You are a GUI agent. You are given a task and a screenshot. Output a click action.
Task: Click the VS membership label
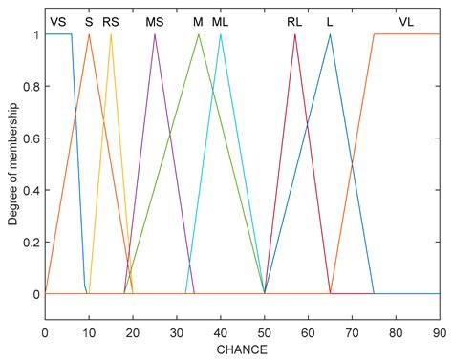pyautogui.click(x=58, y=20)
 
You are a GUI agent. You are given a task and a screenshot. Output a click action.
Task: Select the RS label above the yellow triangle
pyautogui.click(x=112, y=20)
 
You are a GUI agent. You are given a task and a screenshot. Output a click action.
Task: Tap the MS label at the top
pyautogui.click(x=154, y=20)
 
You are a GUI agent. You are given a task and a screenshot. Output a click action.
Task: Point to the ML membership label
pyautogui.click(x=221, y=20)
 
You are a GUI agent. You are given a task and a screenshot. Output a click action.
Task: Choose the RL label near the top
pyautogui.click(x=294, y=20)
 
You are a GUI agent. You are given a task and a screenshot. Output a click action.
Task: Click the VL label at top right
pyautogui.click(x=407, y=20)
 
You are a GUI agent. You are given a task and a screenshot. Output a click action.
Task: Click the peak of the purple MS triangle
pyautogui.click(x=155, y=34)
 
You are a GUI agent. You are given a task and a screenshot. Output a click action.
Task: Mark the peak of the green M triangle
pyautogui.click(x=199, y=34)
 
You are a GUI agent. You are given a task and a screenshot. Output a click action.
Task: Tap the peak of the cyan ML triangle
pyautogui.click(x=221, y=34)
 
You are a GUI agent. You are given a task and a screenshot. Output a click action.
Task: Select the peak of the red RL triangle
pyautogui.click(x=295, y=34)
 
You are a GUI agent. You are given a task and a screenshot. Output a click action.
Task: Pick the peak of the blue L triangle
pyautogui.click(x=330, y=34)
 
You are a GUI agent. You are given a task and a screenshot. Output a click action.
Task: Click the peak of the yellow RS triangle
pyautogui.click(x=111, y=34)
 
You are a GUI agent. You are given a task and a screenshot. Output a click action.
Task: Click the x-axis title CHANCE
pyautogui.click(x=242, y=349)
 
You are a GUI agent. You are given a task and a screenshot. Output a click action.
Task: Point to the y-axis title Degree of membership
pyautogui.click(x=12, y=164)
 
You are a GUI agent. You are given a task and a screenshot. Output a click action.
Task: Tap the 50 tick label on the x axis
pyautogui.click(x=264, y=331)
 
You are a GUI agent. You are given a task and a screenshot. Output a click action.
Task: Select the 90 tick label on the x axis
pyautogui.click(x=439, y=331)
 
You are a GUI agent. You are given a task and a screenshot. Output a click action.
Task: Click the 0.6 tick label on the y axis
pyautogui.click(x=31, y=138)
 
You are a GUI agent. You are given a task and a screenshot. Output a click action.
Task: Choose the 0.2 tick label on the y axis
pyautogui.click(x=31, y=243)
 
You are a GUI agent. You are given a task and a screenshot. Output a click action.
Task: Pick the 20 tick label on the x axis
pyautogui.click(x=133, y=331)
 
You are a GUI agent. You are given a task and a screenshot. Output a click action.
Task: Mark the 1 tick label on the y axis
pyautogui.click(x=35, y=34)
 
